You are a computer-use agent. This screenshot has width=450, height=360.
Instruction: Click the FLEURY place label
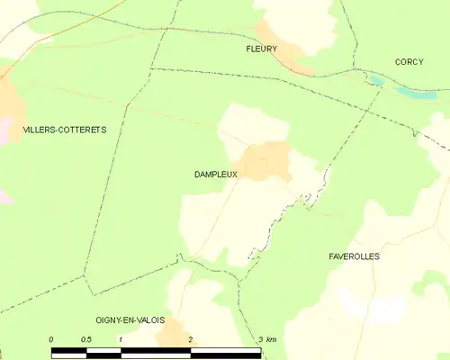click(263, 49)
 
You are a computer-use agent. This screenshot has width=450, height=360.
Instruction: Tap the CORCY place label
click(409, 62)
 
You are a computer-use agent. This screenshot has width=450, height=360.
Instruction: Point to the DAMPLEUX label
click(215, 175)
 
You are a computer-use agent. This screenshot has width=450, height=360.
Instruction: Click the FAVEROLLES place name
click(354, 256)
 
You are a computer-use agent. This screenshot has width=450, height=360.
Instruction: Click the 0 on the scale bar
click(51, 339)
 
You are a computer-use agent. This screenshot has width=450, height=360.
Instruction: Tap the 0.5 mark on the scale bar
click(85, 339)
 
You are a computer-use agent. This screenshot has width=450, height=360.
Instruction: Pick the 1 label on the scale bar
click(120, 339)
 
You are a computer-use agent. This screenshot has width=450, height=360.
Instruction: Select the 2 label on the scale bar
click(190, 339)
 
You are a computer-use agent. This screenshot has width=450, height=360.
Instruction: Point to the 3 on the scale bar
click(260, 339)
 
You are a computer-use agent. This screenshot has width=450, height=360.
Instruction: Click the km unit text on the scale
click(272, 339)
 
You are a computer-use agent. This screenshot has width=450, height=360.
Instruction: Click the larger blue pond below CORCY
click(417, 93)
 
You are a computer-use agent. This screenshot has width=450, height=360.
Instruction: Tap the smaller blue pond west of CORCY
click(375, 81)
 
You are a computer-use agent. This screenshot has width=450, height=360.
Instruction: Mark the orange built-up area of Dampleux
click(265, 160)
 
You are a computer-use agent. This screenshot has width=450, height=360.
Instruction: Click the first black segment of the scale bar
click(68, 349)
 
